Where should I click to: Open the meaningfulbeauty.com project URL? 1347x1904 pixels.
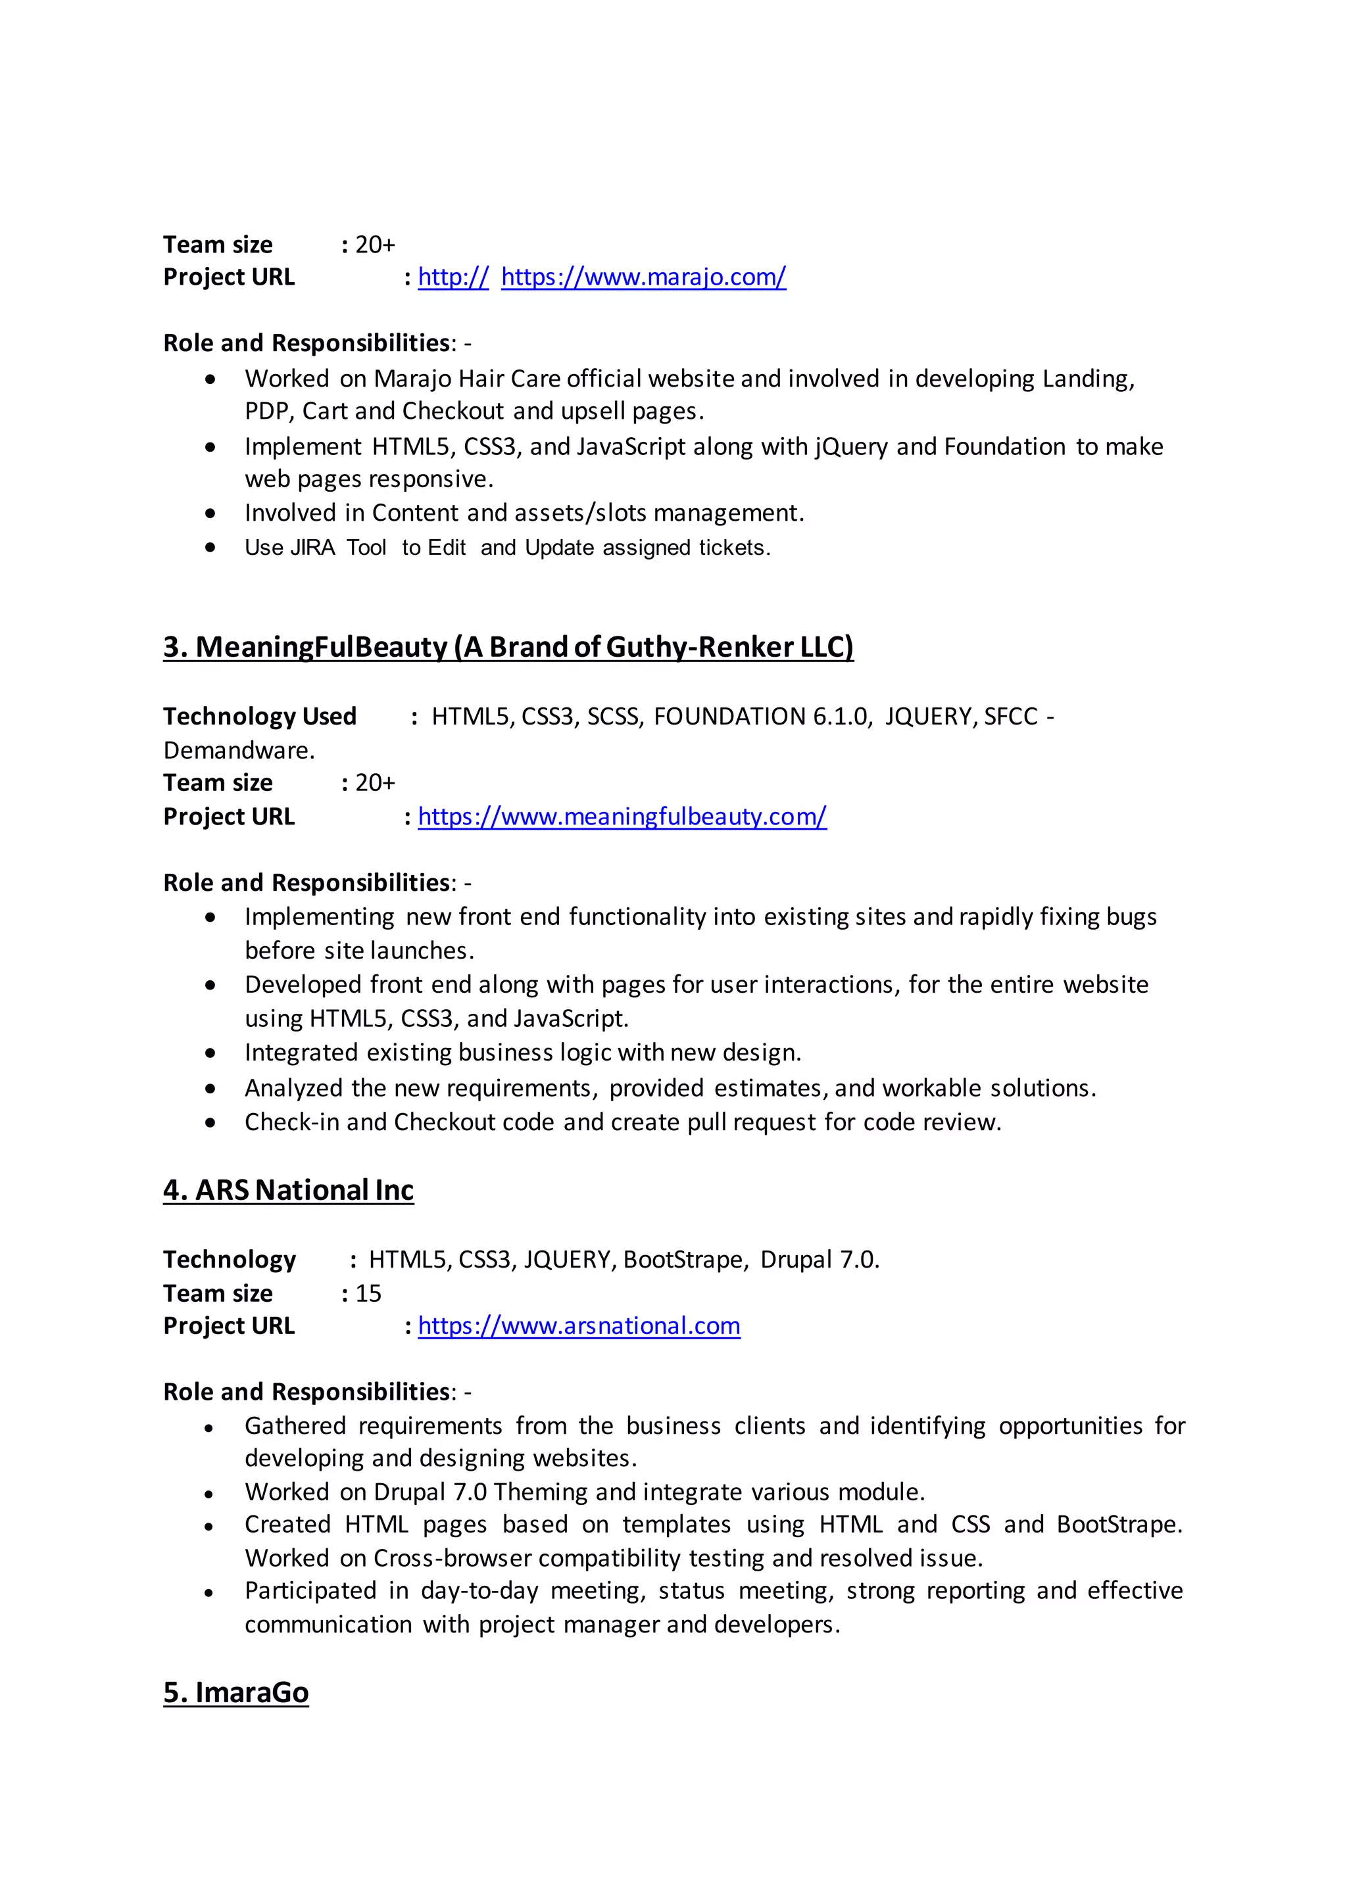click(622, 817)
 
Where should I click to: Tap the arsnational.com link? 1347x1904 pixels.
click(578, 1326)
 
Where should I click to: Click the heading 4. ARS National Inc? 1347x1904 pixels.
click(288, 1190)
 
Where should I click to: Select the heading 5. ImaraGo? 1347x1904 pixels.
click(235, 1692)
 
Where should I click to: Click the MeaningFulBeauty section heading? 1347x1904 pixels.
click(508, 647)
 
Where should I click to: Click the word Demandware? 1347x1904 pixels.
click(238, 750)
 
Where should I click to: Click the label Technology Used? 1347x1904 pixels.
click(260, 717)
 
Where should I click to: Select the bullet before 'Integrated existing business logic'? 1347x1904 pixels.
click(210, 1053)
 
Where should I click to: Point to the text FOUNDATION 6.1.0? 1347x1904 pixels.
click(762, 717)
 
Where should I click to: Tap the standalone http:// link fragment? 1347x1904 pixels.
click(453, 277)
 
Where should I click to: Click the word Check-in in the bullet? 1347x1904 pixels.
click(291, 1122)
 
